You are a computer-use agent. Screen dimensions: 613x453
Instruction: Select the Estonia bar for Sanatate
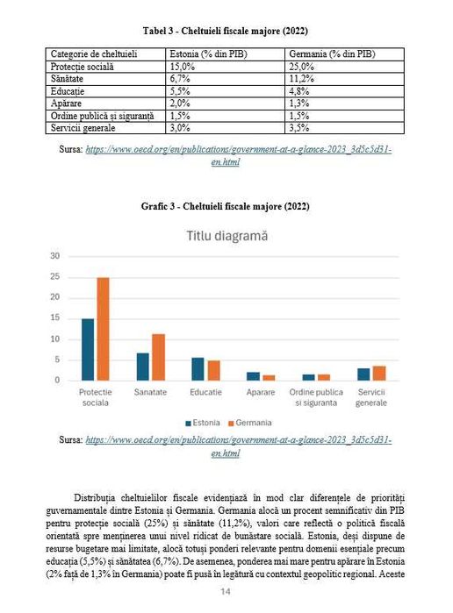pyautogui.click(x=142, y=367)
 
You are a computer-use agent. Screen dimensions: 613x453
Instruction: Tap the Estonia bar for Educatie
pyautogui.click(x=198, y=369)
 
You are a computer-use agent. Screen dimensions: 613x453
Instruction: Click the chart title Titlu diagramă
pyautogui.click(x=226, y=236)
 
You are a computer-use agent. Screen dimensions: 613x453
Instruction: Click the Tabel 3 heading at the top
pyautogui.click(x=226, y=31)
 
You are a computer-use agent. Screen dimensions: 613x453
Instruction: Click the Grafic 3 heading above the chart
pyautogui.click(x=226, y=207)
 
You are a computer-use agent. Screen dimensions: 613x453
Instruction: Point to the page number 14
pyautogui.click(x=226, y=593)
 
